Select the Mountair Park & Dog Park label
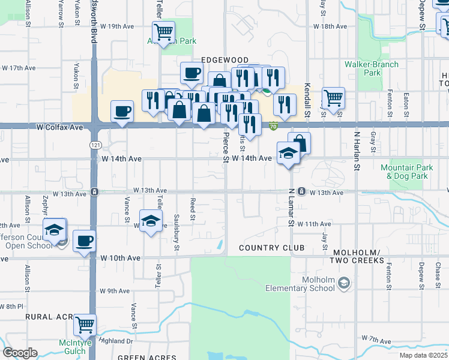407,172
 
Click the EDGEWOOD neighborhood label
224,60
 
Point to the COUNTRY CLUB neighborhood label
271,248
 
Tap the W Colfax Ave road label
59,127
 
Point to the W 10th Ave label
120,257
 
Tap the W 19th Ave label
117,26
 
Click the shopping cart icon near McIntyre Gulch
85,325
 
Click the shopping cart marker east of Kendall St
333,97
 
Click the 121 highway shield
95,146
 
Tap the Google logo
20,353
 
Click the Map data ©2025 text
423,355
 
